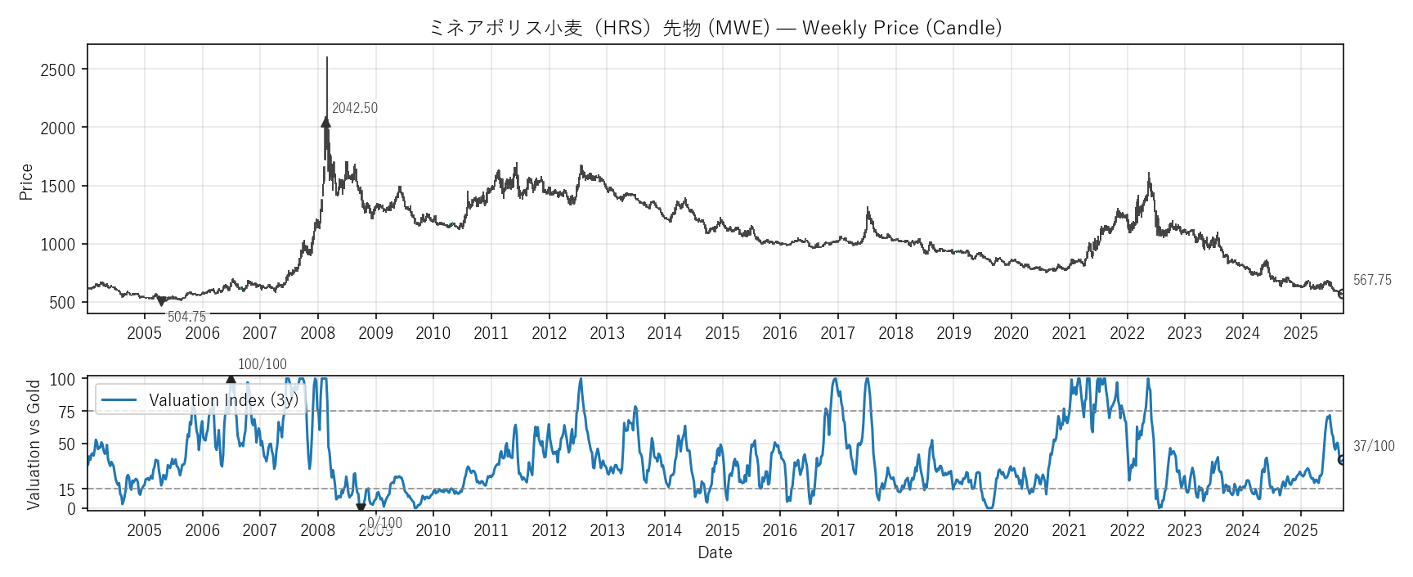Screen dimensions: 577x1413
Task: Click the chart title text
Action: tap(715, 28)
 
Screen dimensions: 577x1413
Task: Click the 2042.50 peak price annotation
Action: tap(354, 108)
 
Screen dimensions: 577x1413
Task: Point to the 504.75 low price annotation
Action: tap(186, 317)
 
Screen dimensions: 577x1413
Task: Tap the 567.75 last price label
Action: tap(1371, 280)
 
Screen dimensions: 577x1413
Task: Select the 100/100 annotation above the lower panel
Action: tap(262, 364)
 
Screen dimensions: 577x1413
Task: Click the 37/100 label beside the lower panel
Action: tap(1373, 446)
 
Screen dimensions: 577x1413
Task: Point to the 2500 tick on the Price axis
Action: tap(57, 70)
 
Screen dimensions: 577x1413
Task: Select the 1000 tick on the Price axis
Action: tap(57, 245)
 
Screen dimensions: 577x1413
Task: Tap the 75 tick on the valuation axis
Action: tap(66, 412)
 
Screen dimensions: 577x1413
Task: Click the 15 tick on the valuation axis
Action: tap(66, 489)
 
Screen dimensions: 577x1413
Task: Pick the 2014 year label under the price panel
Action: tap(664, 333)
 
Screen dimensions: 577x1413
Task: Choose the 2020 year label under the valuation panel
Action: tap(1011, 530)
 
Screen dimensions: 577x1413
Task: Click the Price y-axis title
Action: tap(26, 182)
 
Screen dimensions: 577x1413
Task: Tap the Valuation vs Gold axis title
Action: tap(34, 444)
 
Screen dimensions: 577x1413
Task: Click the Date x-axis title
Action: tap(715, 552)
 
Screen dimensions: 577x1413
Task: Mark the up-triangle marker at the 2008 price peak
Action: tap(325, 122)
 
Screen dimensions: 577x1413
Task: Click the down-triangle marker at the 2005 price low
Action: tap(161, 302)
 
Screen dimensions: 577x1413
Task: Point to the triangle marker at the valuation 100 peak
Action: tap(231, 380)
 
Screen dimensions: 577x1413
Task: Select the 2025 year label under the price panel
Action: tap(1300, 333)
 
